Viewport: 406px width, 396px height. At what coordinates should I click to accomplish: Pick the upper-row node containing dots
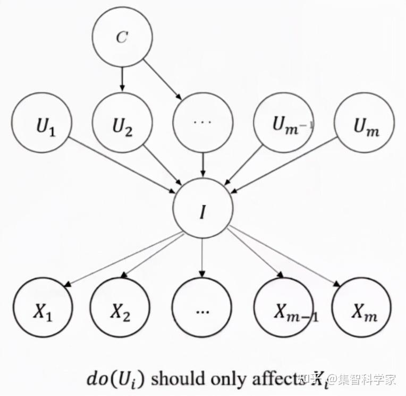202,123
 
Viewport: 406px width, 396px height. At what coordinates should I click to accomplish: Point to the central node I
202,208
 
